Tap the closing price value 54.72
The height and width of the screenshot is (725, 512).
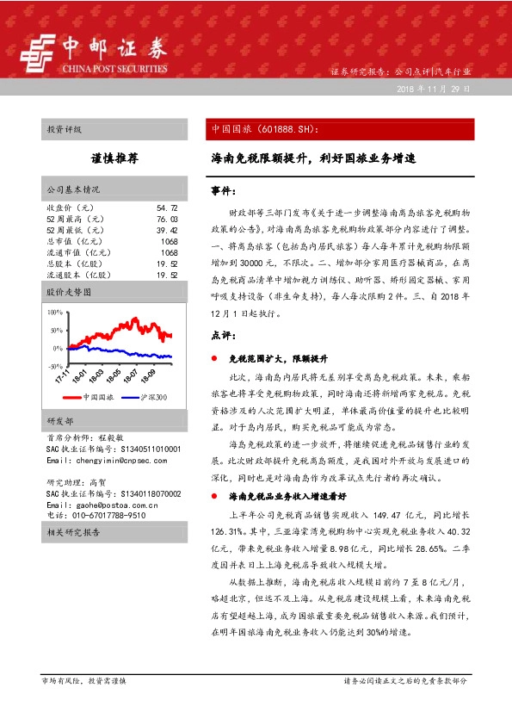point(167,208)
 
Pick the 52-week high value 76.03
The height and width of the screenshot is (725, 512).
point(167,220)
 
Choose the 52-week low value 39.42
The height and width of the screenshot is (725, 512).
point(167,231)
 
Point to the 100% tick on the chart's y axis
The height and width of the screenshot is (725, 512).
point(55,313)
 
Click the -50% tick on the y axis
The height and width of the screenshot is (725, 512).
point(55,367)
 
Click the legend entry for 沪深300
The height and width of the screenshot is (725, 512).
point(152,397)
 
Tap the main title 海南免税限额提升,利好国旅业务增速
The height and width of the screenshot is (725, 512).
point(314,159)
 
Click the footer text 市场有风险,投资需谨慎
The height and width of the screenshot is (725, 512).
point(83,680)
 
